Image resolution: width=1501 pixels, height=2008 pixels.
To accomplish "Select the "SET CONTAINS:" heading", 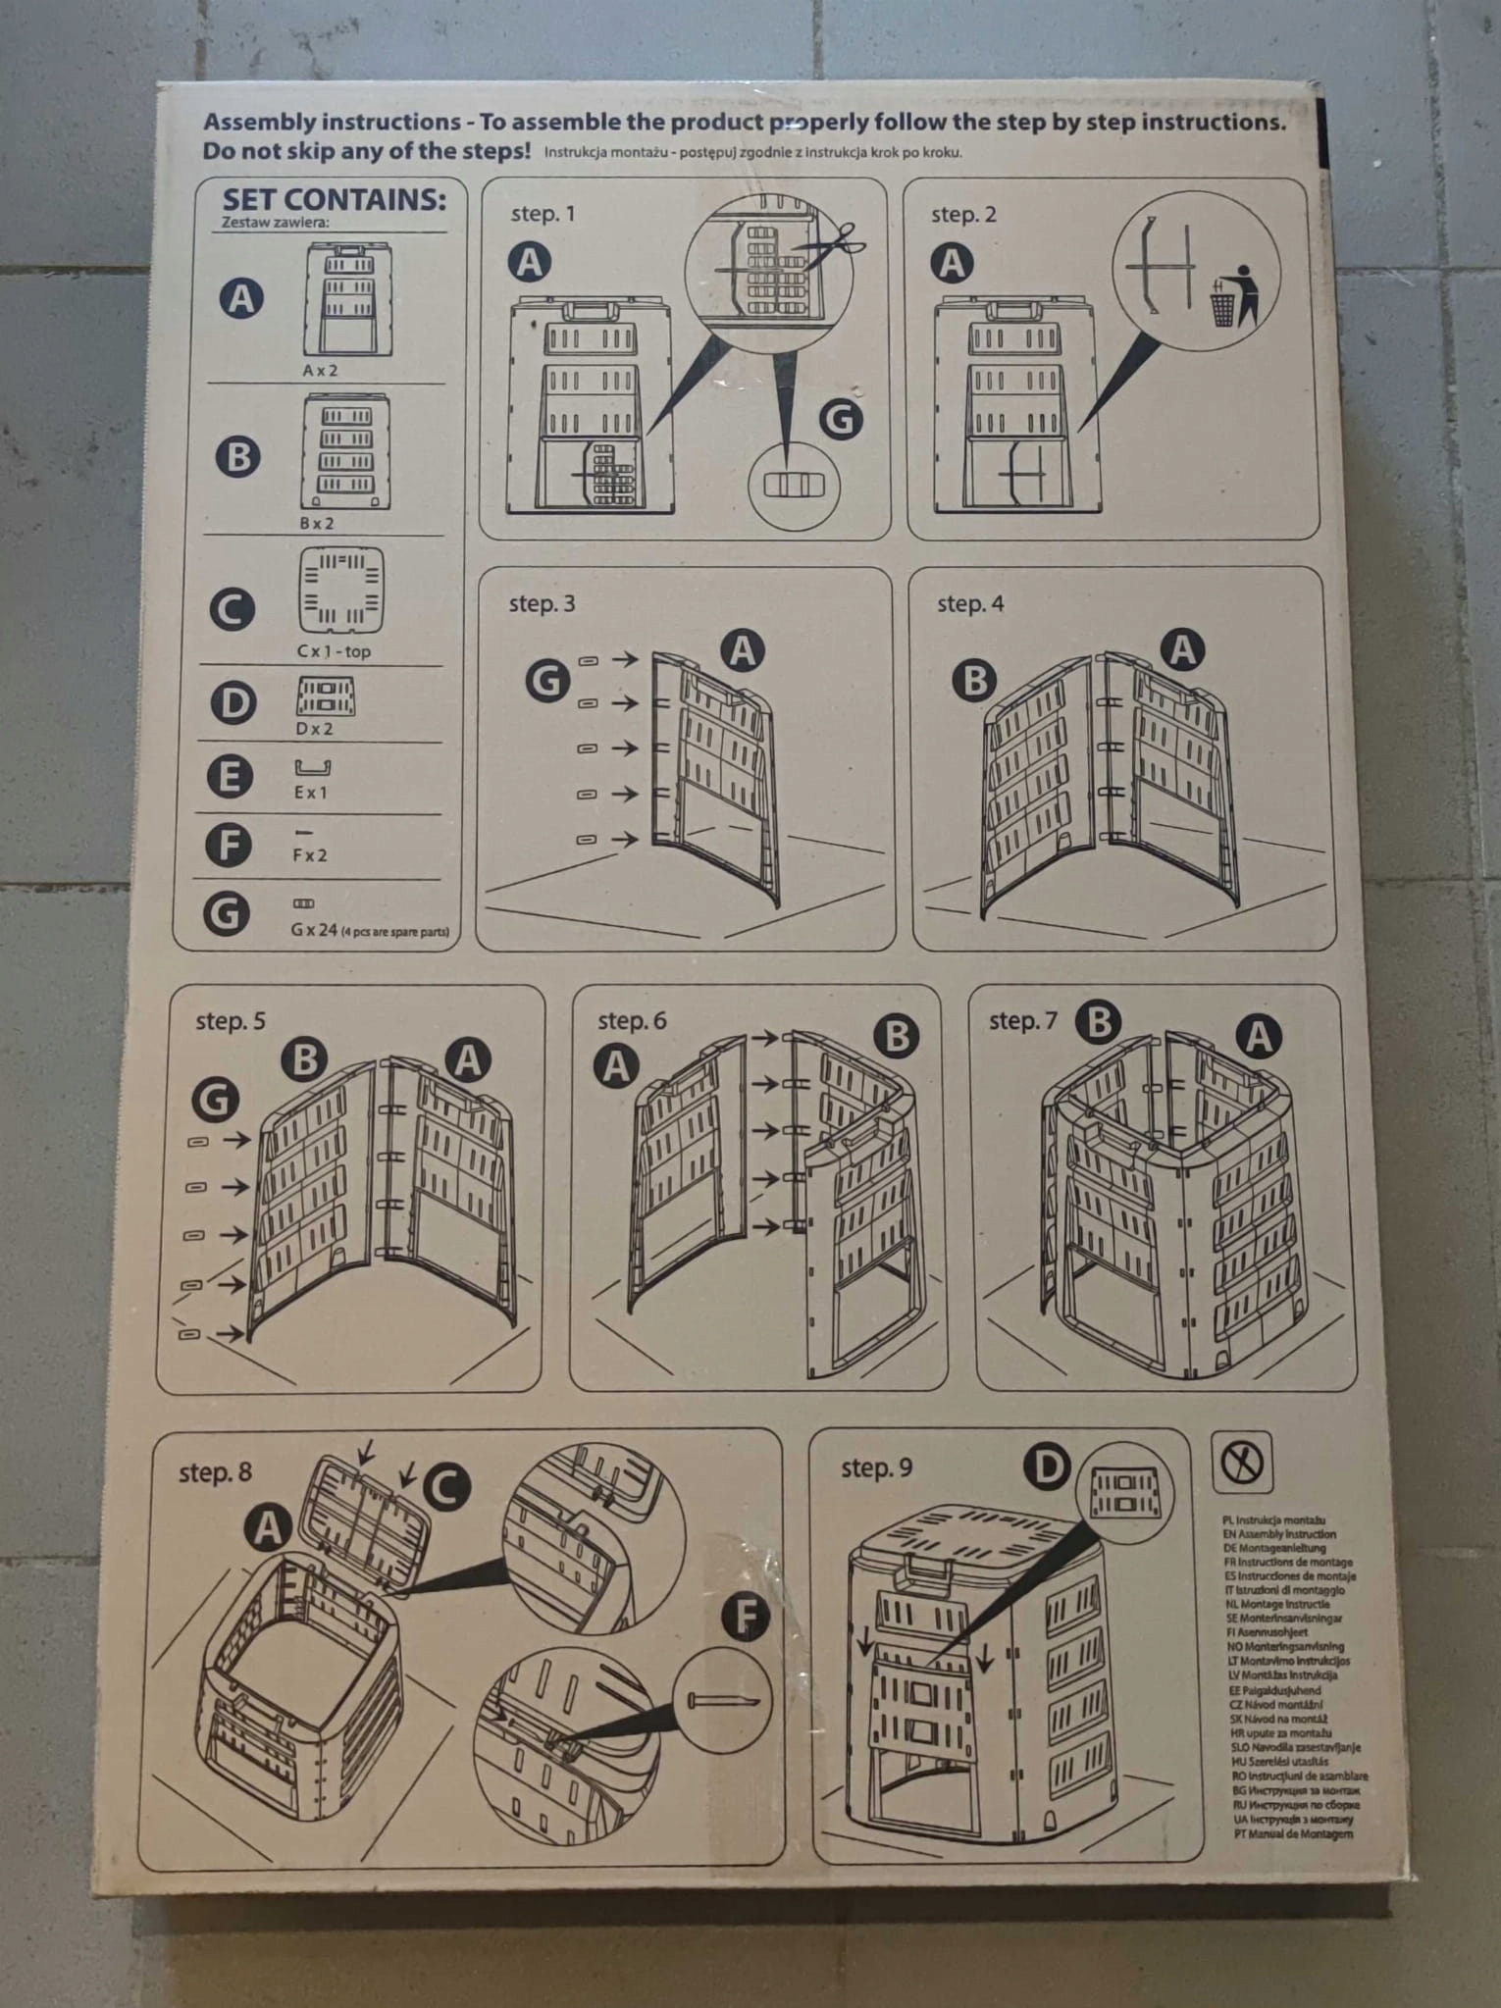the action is (x=334, y=200).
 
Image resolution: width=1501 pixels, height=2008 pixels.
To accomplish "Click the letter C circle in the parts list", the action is (x=233, y=609).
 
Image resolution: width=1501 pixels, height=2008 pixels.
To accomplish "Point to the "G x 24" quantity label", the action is (x=314, y=929).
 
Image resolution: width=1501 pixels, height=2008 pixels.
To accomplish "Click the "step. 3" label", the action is (x=542, y=604).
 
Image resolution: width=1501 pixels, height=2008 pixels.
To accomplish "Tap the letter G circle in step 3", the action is (x=547, y=679).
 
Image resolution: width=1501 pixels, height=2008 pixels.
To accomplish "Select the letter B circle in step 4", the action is (x=974, y=680).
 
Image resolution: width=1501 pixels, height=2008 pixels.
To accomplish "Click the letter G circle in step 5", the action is (x=215, y=1099).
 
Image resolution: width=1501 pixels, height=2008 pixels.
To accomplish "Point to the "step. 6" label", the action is (x=632, y=1021).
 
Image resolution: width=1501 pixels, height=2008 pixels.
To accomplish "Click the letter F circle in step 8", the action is (x=746, y=1618).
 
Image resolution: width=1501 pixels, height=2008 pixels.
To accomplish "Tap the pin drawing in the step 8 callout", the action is (x=724, y=1701).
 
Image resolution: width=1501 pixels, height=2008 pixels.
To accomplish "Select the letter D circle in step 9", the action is (x=1047, y=1468).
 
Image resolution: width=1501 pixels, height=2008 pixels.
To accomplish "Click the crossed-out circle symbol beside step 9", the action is (x=1242, y=1463).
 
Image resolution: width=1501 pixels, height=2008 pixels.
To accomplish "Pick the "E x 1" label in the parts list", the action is (x=311, y=793).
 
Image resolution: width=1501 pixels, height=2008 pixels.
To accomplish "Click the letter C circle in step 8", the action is (x=445, y=1487).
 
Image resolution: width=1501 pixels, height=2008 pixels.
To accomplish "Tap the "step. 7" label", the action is (x=1022, y=1021).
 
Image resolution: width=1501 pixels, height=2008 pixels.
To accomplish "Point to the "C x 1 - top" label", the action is (x=334, y=651).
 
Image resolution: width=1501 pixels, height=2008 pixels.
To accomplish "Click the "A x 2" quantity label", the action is (x=320, y=371).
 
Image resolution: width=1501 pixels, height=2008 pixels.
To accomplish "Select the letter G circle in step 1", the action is (x=841, y=419).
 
